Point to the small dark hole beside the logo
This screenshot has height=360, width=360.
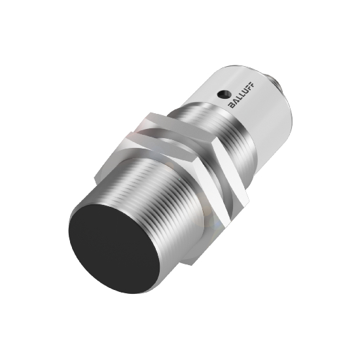coord(222,92)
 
